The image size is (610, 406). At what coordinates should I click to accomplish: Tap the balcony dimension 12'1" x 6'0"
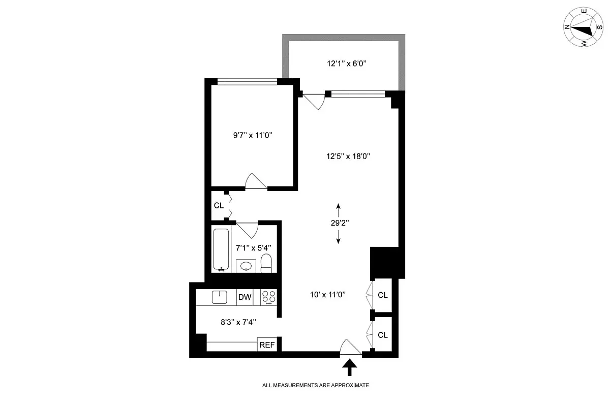click(347, 64)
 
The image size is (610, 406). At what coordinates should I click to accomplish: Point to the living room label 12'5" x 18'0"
click(348, 157)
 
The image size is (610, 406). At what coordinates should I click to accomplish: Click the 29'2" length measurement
click(339, 223)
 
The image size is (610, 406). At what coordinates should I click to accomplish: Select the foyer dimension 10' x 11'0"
click(328, 294)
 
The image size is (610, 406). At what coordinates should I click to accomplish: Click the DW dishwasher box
click(245, 297)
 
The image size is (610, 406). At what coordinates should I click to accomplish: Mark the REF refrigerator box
click(267, 345)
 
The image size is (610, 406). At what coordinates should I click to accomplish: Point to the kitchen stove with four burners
click(269, 297)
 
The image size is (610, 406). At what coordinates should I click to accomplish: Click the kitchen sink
click(220, 297)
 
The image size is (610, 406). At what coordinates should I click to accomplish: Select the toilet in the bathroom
click(266, 263)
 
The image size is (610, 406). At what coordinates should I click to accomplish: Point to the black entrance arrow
click(350, 367)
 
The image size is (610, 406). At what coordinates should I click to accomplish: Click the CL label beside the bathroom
click(219, 206)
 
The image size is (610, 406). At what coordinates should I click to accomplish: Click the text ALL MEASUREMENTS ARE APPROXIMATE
click(315, 385)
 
